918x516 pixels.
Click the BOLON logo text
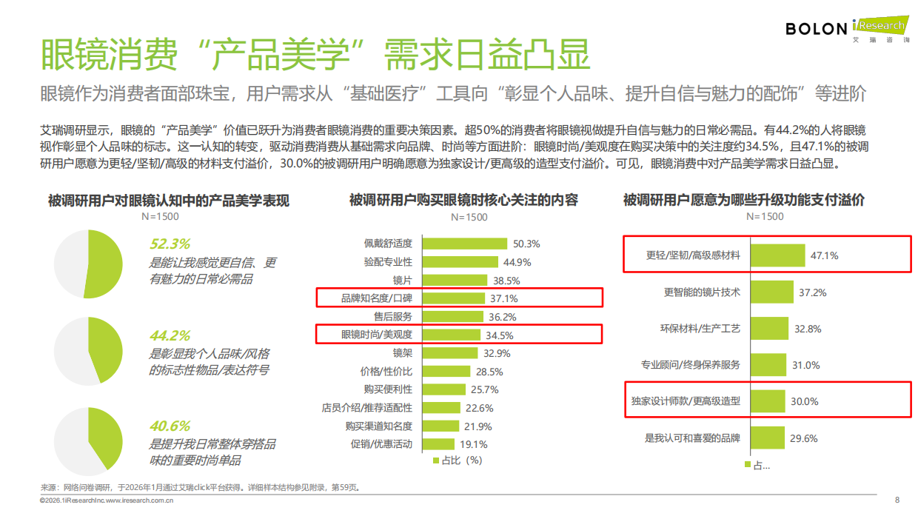[x=816, y=29]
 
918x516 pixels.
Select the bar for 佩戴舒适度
[x=464, y=244]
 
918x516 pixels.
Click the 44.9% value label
[x=517, y=262]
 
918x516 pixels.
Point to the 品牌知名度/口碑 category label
[x=377, y=298]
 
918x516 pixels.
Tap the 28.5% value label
[x=489, y=372]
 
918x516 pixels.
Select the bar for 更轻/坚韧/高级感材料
[x=778, y=255]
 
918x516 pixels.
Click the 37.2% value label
[x=812, y=292]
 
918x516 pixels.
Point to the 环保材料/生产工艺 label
[x=700, y=329]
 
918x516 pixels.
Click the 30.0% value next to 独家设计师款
[x=805, y=401]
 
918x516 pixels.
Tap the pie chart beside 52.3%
[x=89, y=264]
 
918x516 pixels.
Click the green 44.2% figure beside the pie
[x=170, y=335]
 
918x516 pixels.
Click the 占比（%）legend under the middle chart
[x=457, y=460]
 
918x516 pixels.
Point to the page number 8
[x=897, y=499]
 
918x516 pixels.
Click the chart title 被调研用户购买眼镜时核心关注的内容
[x=463, y=200]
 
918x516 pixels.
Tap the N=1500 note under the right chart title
[x=764, y=216]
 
